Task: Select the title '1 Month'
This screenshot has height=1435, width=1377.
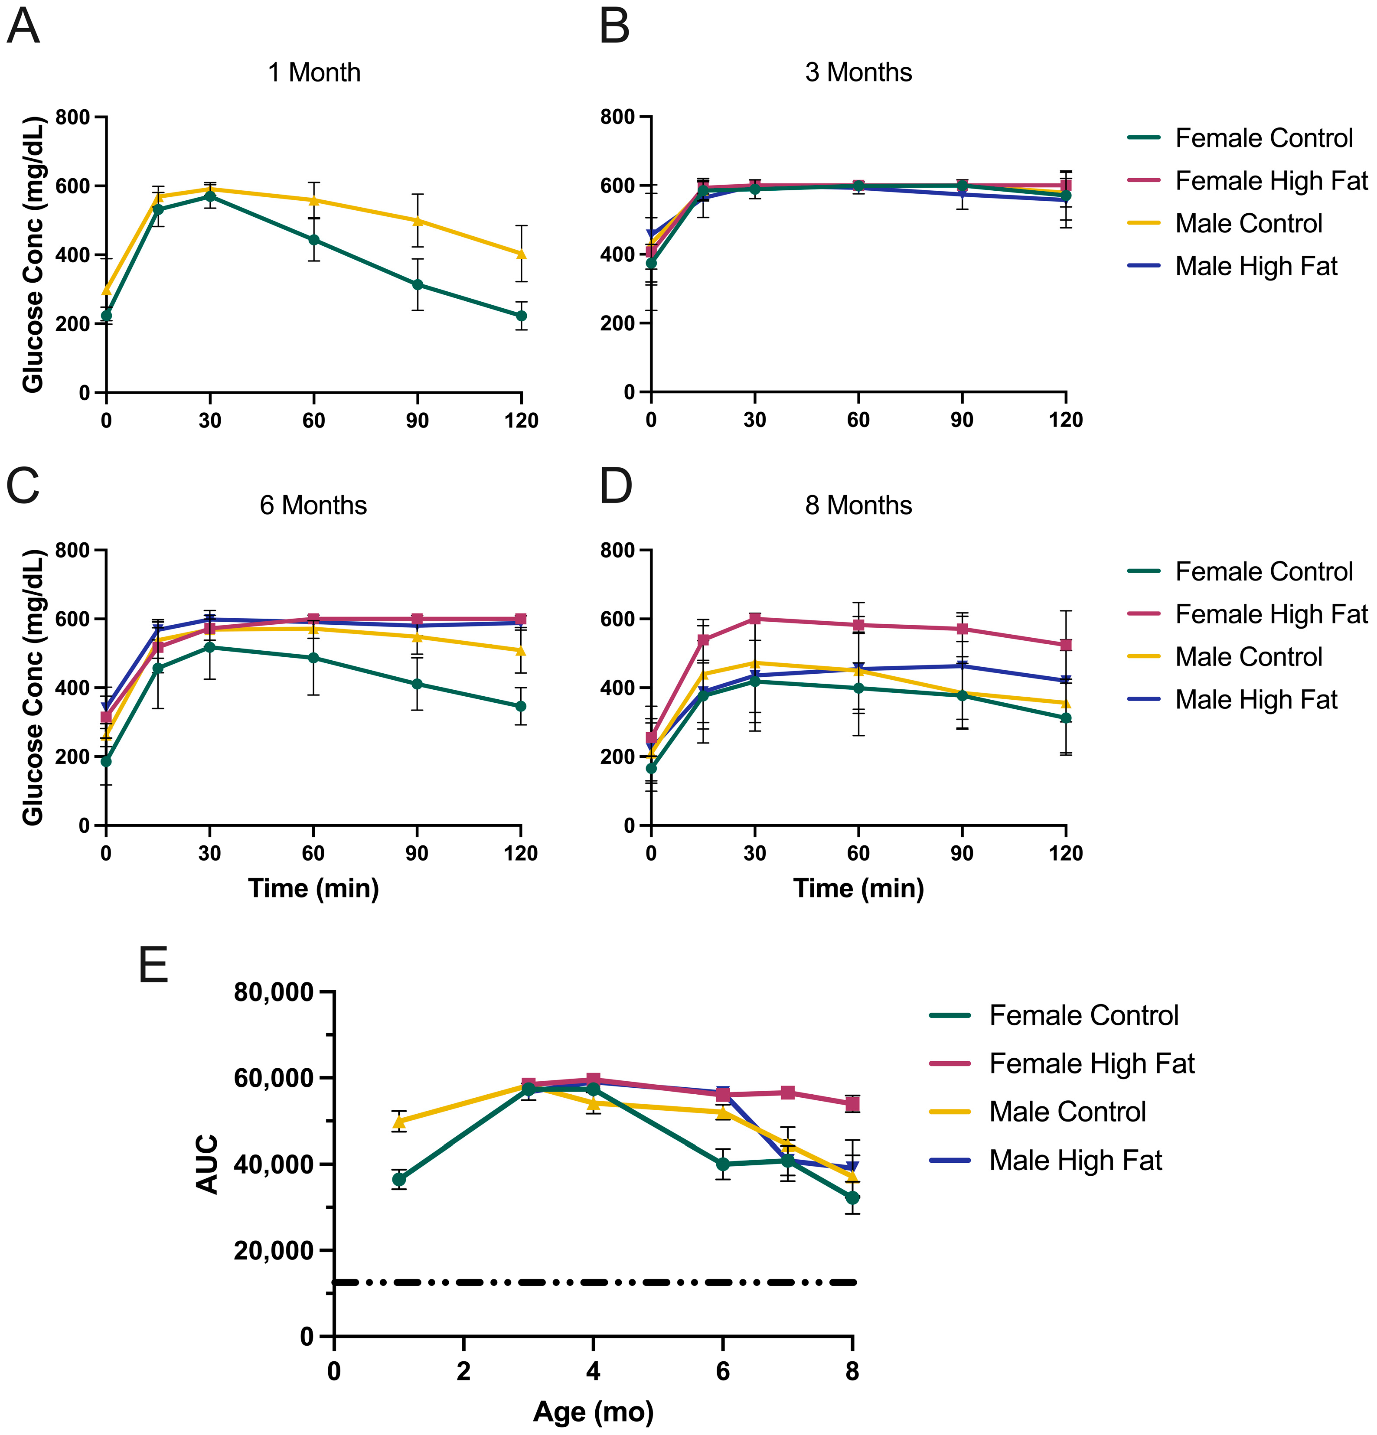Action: [x=314, y=72]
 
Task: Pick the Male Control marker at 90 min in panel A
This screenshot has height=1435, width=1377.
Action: [x=417, y=220]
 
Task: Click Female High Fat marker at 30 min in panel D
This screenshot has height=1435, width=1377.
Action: [x=755, y=619]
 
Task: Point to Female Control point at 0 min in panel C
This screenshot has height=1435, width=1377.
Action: [x=106, y=761]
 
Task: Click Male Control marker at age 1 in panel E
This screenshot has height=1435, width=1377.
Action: [x=399, y=1121]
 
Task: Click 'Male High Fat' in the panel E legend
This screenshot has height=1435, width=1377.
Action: [x=1075, y=1161]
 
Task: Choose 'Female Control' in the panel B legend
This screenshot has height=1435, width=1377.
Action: [x=1263, y=138]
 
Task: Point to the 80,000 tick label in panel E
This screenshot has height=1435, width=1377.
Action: [x=274, y=993]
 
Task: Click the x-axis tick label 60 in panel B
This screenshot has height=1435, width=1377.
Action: [x=858, y=420]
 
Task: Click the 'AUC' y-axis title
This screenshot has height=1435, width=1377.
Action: [x=208, y=1164]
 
